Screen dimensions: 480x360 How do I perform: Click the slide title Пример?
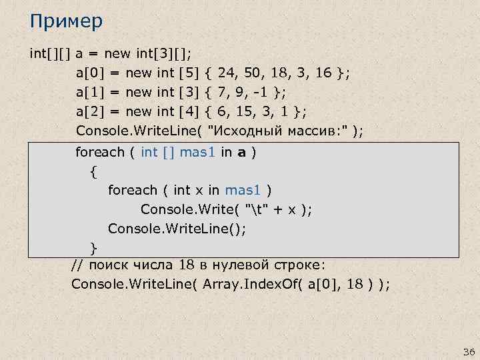click(x=66, y=22)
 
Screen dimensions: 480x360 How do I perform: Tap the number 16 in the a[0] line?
click(x=323, y=71)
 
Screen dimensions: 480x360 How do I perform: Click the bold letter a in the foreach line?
click(x=245, y=152)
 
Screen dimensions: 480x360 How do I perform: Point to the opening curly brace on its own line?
click(x=93, y=171)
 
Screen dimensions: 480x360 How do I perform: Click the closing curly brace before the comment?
click(x=94, y=249)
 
